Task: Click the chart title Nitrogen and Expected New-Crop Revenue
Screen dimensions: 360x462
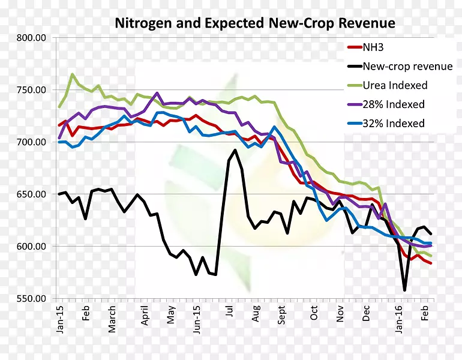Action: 255,24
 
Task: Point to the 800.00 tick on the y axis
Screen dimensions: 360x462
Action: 32,38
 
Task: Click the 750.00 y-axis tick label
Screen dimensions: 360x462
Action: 32,90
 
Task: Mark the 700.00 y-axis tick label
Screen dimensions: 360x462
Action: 32,142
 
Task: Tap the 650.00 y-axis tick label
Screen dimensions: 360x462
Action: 32,194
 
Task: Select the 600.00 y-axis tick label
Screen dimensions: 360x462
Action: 32,247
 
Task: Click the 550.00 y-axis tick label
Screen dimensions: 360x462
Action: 32,298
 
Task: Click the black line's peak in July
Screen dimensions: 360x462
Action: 235,150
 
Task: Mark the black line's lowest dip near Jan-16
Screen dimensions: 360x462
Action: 404,290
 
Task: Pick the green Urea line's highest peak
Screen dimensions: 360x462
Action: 72,74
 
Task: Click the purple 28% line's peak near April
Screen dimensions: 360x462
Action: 157,93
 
